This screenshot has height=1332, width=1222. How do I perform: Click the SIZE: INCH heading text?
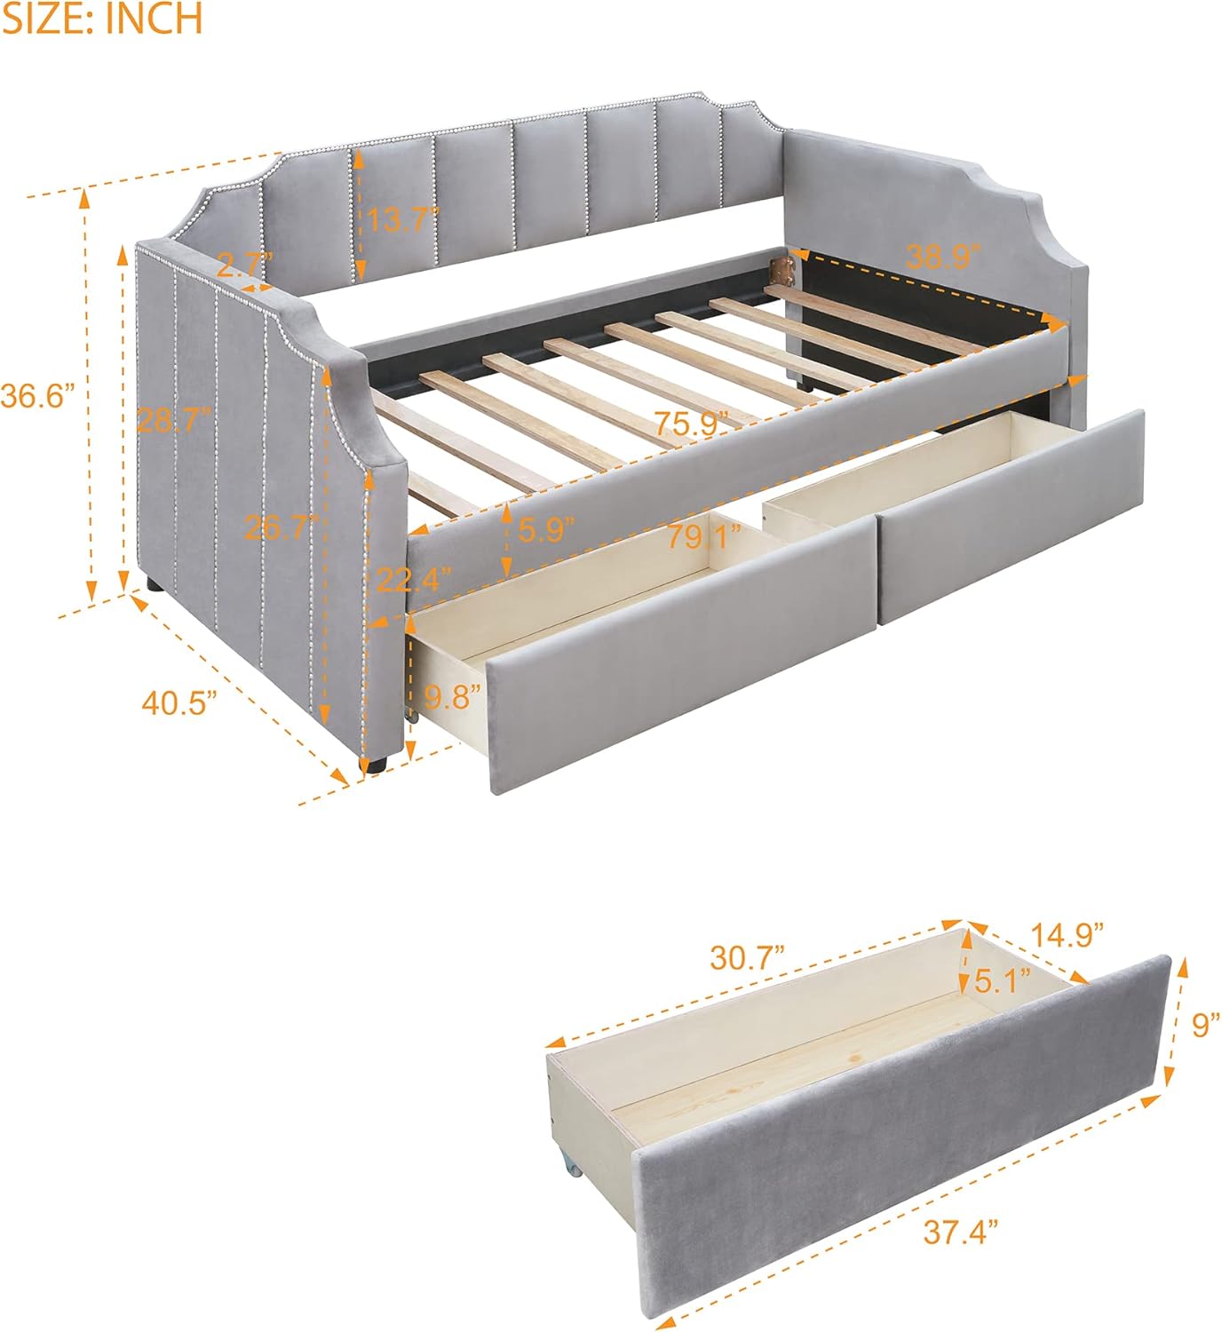pyautogui.click(x=102, y=20)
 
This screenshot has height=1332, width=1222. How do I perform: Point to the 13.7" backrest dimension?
pyautogui.click(x=403, y=219)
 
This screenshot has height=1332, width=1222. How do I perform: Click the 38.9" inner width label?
pyautogui.click(x=943, y=257)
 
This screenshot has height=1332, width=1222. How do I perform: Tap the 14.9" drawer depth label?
pyautogui.click(x=1067, y=933)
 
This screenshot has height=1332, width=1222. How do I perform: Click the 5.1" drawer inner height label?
pyautogui.click(x=1003, y=981)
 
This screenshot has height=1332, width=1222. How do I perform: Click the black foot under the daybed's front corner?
pyautogui.click(x=373, y=761)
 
